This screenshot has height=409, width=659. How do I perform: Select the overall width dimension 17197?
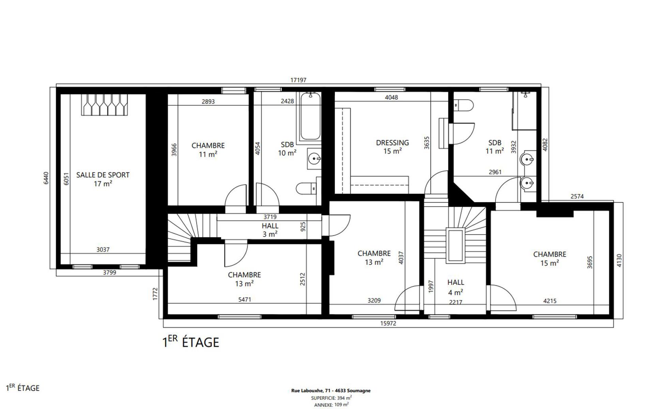tap(298, 80)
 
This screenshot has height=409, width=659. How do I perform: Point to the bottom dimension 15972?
tap(388, 323)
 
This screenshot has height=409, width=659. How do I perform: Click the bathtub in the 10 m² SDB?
tap(310, 117)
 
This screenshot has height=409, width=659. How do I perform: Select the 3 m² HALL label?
tap(270, 230)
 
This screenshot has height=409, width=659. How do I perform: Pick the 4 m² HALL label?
tap(456, 287)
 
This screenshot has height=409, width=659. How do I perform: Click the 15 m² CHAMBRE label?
tap(549, 259)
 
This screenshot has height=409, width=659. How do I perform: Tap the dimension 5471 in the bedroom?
tap(245, 300)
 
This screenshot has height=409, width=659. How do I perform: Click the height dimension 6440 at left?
tap(46, 178)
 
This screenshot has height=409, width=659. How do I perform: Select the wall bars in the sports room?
tap(105, 104)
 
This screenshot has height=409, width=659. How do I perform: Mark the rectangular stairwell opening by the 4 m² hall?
tap(455, 245)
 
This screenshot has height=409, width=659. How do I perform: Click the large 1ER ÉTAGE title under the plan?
tap(190, 342)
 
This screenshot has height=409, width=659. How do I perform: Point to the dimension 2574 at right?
tap(577, 196)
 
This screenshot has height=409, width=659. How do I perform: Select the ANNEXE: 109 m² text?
tap(331, 405)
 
